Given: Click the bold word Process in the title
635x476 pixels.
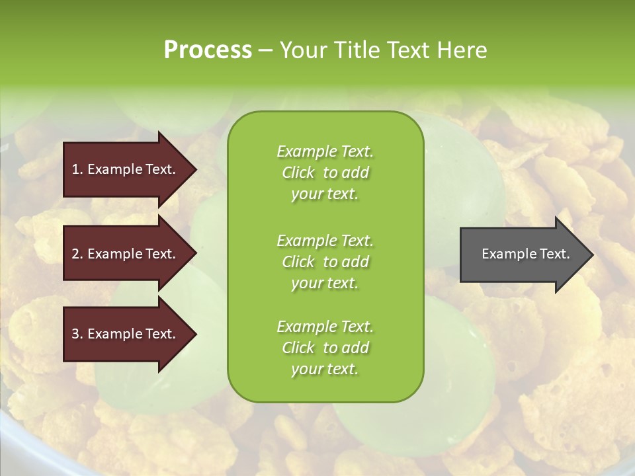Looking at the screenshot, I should click(208, 50).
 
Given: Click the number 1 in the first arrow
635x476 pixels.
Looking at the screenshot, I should click(75, 170).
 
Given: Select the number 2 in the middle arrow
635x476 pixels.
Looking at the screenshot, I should click(75, 254).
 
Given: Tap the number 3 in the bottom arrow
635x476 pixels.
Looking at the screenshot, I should click(75, 334).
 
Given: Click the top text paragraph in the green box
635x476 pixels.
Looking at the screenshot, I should click(325, 173).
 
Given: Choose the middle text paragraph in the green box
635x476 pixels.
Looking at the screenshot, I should click(325, 262).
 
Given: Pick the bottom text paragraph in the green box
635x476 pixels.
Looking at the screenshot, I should click(325, 348).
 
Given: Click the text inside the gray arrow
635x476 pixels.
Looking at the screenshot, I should click(525, 254).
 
